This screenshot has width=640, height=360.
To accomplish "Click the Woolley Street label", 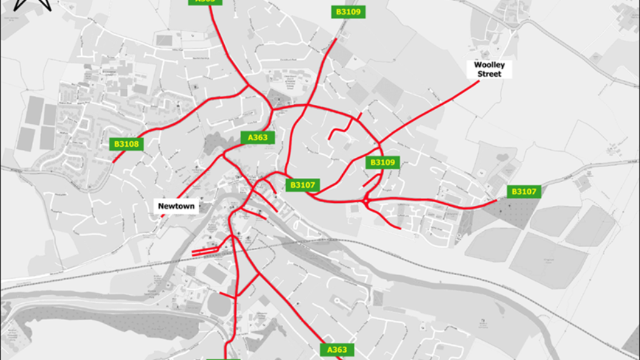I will (x=489, y=69).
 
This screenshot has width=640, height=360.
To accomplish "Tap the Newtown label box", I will (x=176, y=207).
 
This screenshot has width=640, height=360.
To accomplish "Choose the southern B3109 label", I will (x=382, y=163).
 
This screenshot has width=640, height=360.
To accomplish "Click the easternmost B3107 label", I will (x=524, y=192).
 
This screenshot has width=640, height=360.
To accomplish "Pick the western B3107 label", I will (x=303, y=185).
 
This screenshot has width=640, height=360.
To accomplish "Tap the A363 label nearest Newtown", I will (x=258, y=138).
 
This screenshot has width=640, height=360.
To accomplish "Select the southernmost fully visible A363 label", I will (x=337, y=350).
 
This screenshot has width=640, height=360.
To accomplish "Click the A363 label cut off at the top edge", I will (x=205, y=2).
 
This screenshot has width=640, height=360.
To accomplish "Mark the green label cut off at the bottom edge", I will (x=223, y=358).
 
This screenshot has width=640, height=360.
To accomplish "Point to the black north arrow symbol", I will (x=32, y=5).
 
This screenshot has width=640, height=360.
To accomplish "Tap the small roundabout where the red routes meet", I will (x=365, y=202).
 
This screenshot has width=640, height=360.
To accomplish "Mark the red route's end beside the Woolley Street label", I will (x=478, y=81).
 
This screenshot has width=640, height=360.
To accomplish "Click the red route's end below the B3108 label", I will (x=114, y=162).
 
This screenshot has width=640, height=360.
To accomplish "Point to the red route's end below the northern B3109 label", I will (x=337, y=39).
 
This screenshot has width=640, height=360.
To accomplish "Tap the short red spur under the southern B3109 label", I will (x=372, y=180).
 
